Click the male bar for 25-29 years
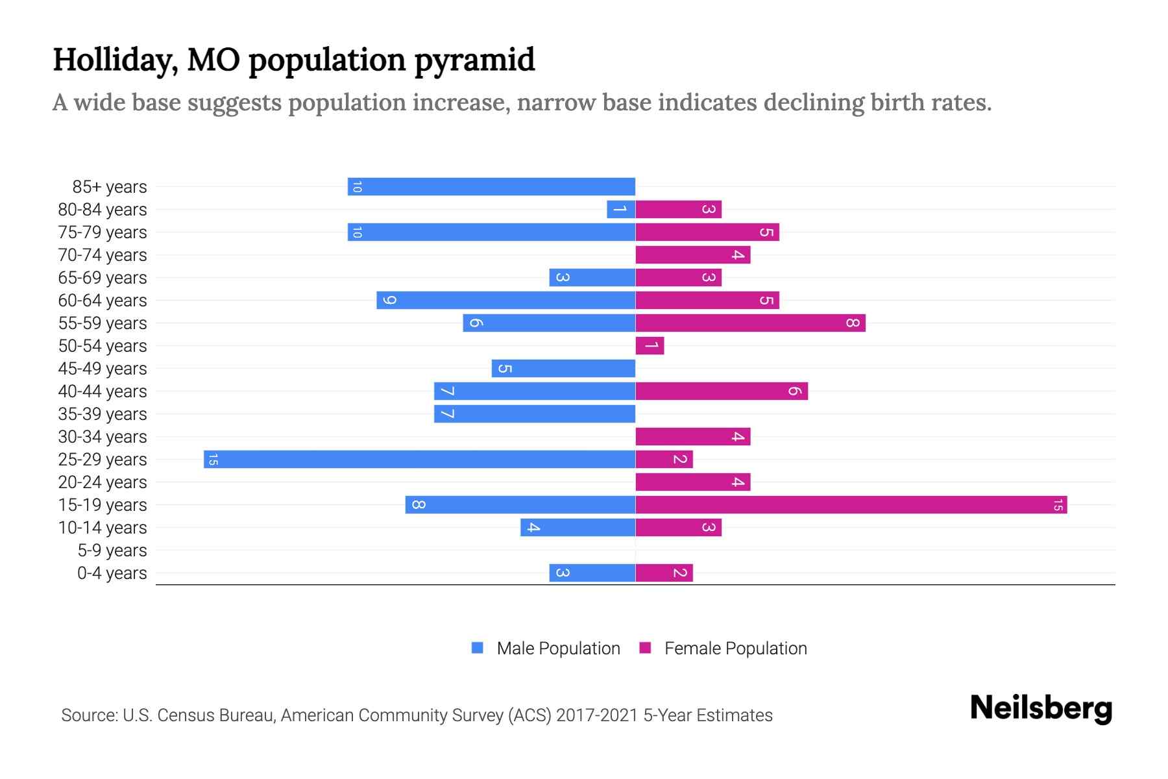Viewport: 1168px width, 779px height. click(x=419, y=459)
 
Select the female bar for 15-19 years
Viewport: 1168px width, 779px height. click(x=851, y=504)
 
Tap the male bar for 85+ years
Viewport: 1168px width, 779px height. click(x=491, y=186)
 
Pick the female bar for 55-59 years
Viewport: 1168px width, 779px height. click(x=750, y=323)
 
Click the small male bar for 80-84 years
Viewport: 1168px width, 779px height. click(x=621, y=209)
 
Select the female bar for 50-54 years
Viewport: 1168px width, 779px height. click(x=650, y=345)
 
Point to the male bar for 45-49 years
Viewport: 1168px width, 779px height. click(x=563, y=368)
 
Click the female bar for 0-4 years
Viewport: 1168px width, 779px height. click(x=664, y=573)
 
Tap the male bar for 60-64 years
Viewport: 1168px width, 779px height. click(x=505, y=300)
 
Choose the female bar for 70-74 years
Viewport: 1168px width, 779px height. click(x=692, y=254)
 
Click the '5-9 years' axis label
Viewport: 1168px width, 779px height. click(x=112, y=550)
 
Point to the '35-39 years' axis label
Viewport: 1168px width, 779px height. click(x=103, y=414)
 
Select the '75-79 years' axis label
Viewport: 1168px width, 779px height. click(x=103, y=232)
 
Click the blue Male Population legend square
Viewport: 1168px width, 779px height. click(x=478, y=648)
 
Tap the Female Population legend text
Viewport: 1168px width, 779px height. click(x=735, y=649)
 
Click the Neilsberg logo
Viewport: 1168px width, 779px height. click(x=1041, y=708)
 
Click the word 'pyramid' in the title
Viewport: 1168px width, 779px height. click(x=474, y=60)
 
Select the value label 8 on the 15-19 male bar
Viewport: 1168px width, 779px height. click(x=419, y=504)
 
